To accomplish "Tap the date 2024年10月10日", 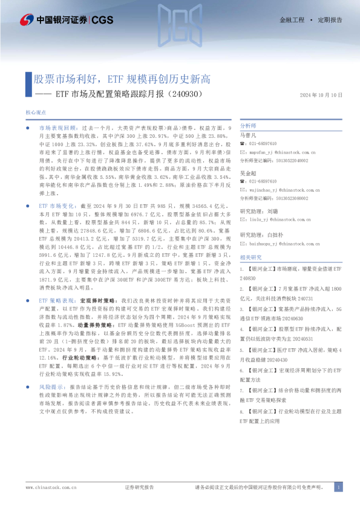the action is (x=321, y=95).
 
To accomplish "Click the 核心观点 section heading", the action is (x=37, y=113).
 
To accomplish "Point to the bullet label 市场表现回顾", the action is (x=57, y=129).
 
